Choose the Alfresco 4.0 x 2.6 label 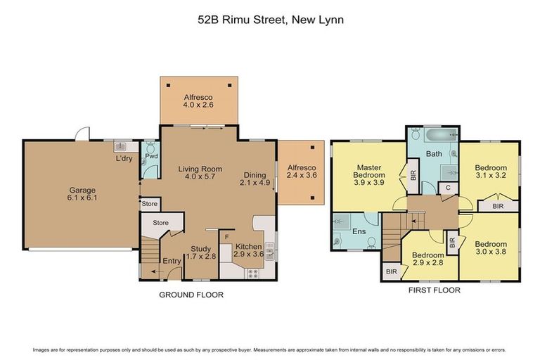click(x=198, y=101)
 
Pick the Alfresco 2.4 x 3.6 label click(x=301, y=172)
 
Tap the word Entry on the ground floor click(x=172, y=262)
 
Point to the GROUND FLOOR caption click(x=191, y=295)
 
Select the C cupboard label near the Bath click(x=447, y=188)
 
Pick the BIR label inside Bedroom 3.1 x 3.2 click(x=498, y=207)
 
